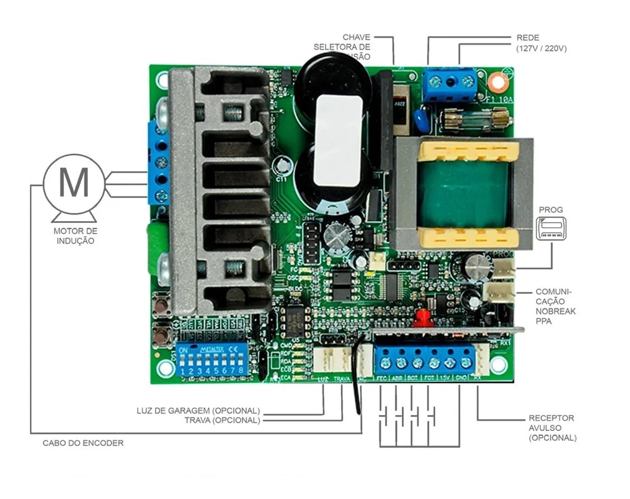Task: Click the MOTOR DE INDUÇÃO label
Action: [75, 236]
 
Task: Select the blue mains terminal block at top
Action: [449, 84]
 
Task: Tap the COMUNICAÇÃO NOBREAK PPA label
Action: [555, 306]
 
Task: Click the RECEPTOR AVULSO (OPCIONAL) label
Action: [552, 428]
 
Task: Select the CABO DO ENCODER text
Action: [83, 443]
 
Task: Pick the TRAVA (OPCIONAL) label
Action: [222, 420]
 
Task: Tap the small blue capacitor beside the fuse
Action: [421, 119]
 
